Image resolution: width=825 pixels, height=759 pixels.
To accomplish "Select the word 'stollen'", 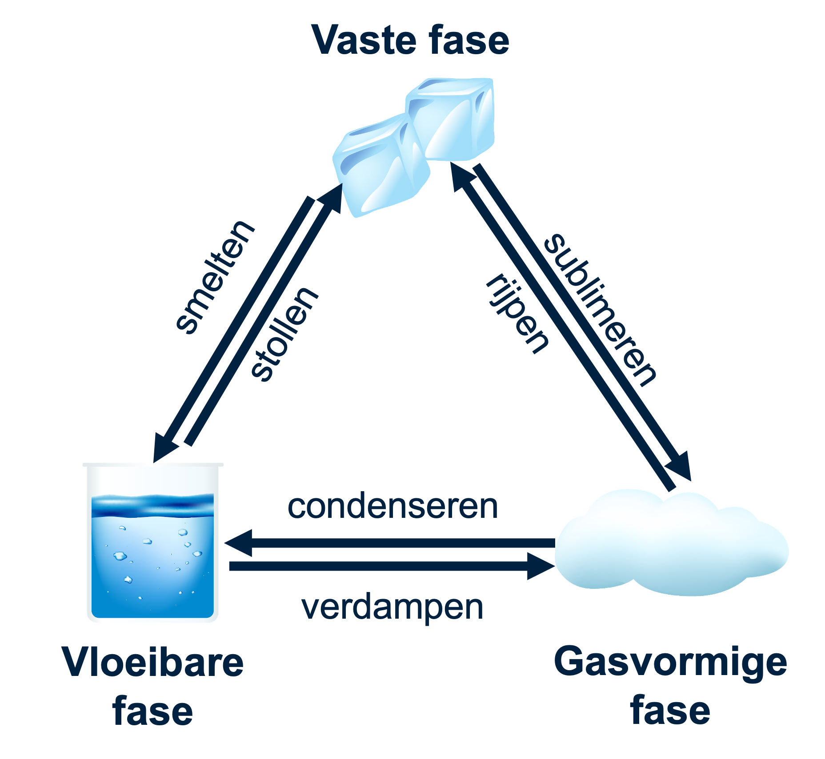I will (x=284, y=334).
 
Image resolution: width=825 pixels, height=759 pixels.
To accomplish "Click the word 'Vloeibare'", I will (x=153, y=663).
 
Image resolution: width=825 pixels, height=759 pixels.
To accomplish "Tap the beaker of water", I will (x=152, y=555).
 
